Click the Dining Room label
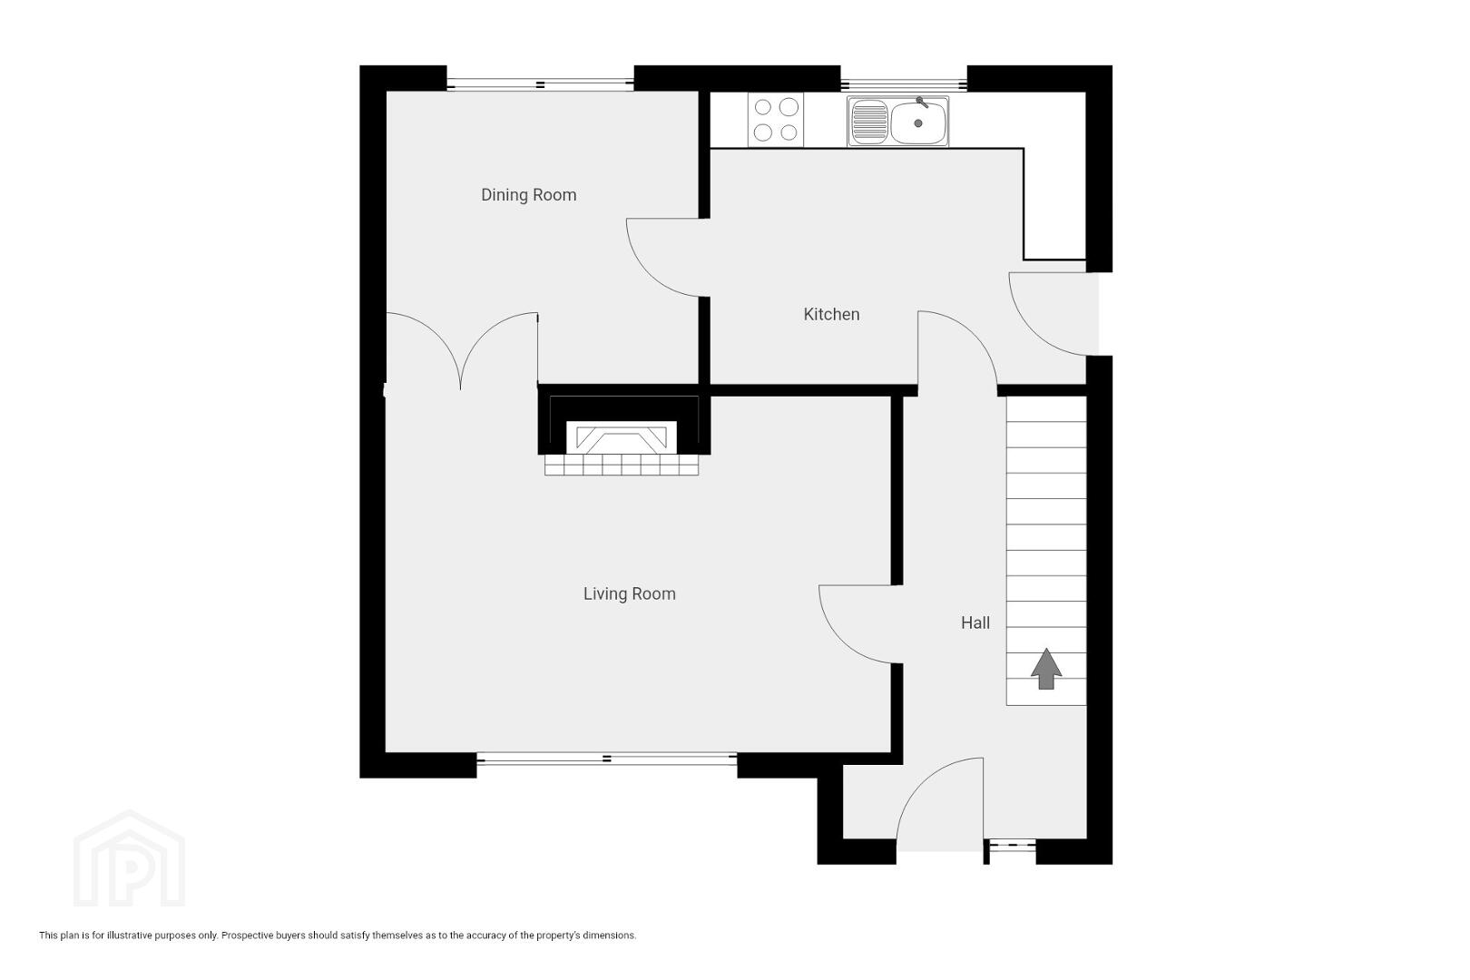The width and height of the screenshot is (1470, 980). pos(528,195)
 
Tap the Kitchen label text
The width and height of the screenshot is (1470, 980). pos(831,314)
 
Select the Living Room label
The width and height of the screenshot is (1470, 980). pos(630,594)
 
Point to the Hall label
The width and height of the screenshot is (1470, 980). pos(975,622)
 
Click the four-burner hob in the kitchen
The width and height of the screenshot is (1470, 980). pos(775,120)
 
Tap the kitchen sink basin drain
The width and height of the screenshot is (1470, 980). pos(918,123)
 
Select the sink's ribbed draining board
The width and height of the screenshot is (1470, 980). pos(869,122)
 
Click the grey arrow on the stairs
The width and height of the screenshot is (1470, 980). pos(1046,669)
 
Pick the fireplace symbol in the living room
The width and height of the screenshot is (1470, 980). pos(621,437)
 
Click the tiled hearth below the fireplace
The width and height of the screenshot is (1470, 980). pos(622,465)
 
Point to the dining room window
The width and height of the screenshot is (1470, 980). pos(540,84)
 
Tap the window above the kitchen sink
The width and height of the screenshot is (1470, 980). pos(904,84)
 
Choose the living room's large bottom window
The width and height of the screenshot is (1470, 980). pos(607,759)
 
